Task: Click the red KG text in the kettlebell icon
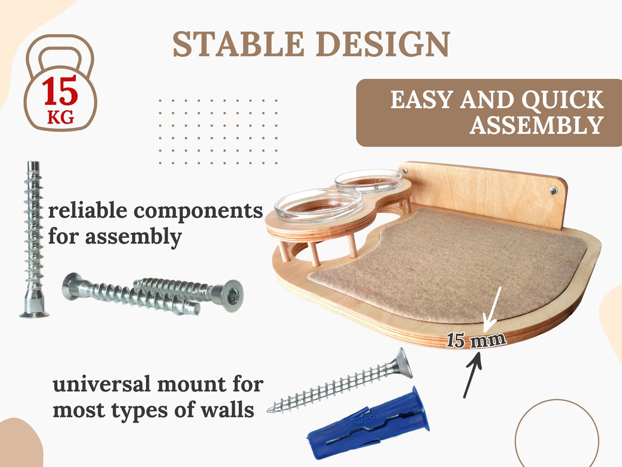60,118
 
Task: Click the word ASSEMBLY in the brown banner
536,126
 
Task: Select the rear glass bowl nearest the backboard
368,180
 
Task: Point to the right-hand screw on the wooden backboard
554,191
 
